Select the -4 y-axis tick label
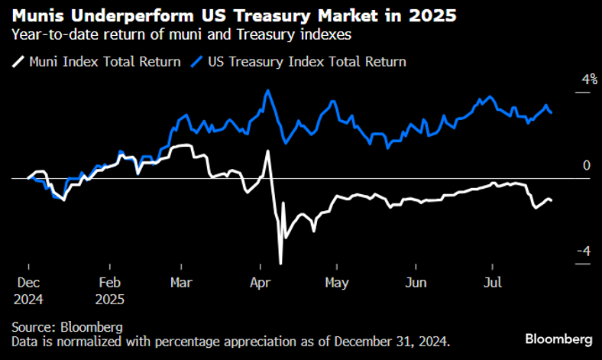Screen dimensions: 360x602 [x=583, y=251]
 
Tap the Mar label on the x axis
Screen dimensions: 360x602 [x=182, y=283]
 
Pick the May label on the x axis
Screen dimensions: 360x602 [x=336, y=283]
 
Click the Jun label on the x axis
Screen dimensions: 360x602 [x=416, y=283]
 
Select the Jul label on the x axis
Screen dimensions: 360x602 [x=494, y=283]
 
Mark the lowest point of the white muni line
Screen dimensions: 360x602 [x=281, y=264]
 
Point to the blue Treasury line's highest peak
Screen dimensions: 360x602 [x=267, y=90]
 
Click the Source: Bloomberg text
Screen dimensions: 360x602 [x=66, y=326]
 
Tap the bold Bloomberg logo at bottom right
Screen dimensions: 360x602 [x=558, y=338]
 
